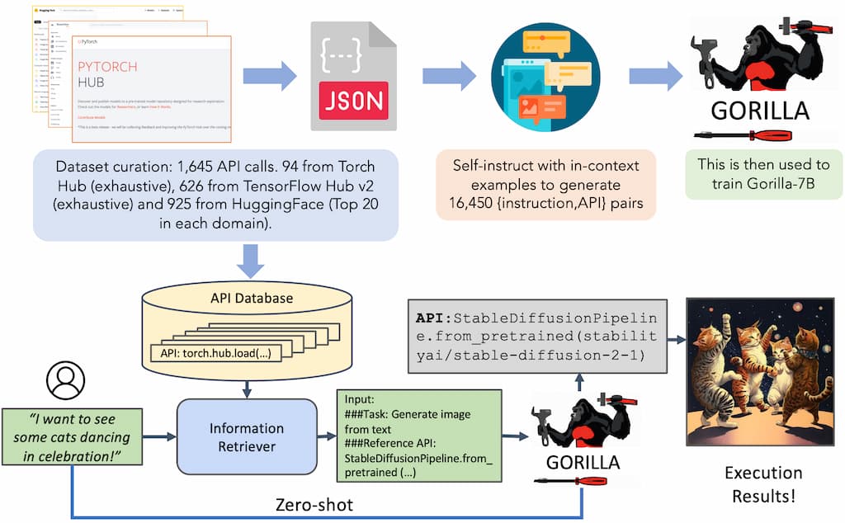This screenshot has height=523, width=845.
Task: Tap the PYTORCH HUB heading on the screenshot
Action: point(107,75)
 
